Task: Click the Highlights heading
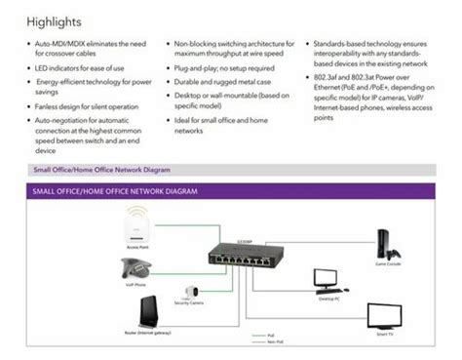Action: [x=55, y=20]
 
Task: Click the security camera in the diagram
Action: [x=190, y=290]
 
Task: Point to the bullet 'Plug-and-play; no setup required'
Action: [x=223, y=69]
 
